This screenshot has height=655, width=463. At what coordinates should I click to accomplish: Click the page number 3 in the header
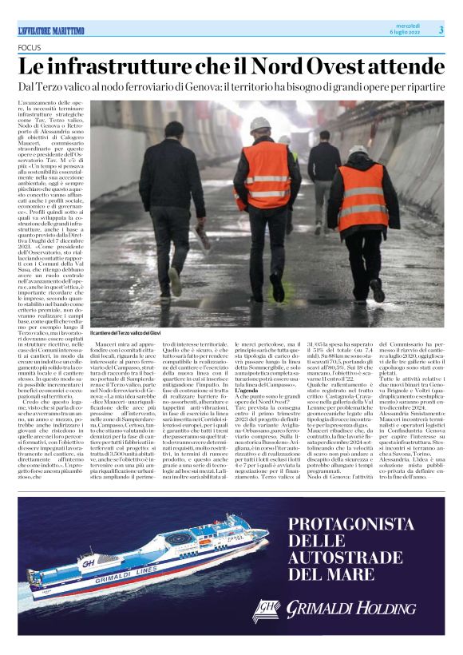point(440,30)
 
